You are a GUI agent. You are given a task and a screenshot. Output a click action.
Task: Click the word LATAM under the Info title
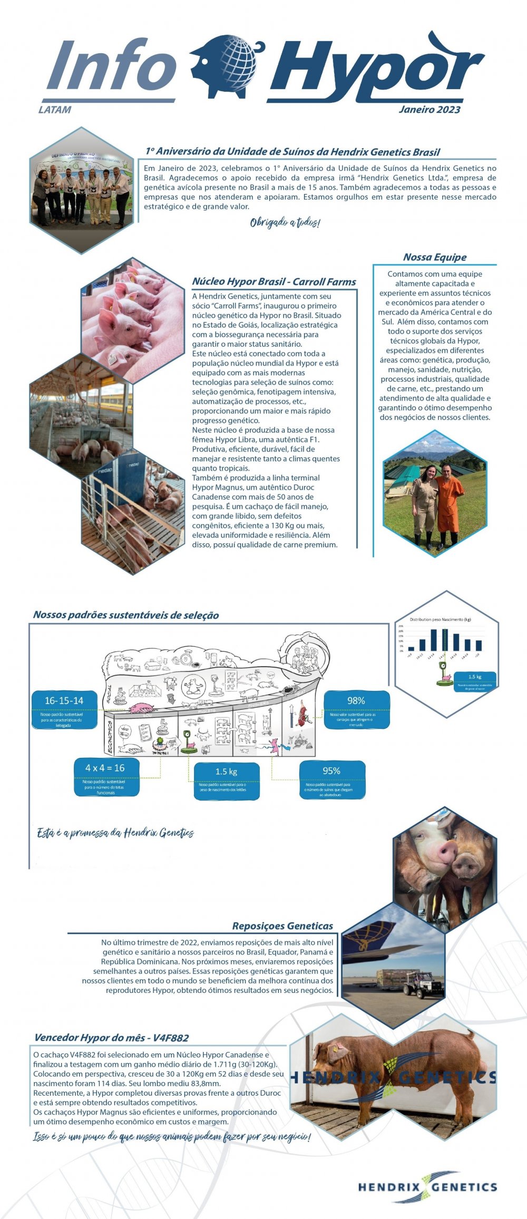click(55, 110)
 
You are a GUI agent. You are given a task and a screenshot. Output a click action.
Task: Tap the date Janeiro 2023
click(430, 110)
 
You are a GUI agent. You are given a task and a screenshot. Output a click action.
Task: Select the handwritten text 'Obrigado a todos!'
click(285, 222)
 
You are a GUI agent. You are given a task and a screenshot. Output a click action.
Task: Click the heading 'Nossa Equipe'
click(435, 257)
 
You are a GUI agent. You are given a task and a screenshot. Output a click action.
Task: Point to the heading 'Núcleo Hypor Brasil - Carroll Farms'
click(274, 282)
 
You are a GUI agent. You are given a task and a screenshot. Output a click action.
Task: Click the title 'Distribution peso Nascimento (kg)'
click(441, 619)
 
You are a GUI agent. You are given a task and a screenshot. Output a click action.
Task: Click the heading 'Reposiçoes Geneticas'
click(282, 926)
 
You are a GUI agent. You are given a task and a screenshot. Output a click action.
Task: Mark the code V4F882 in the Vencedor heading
click(171, 1038)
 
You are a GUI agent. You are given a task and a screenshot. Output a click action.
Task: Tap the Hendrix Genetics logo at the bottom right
click(427, 1186)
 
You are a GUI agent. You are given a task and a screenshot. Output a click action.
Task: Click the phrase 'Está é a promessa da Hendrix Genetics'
click(115, 833)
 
